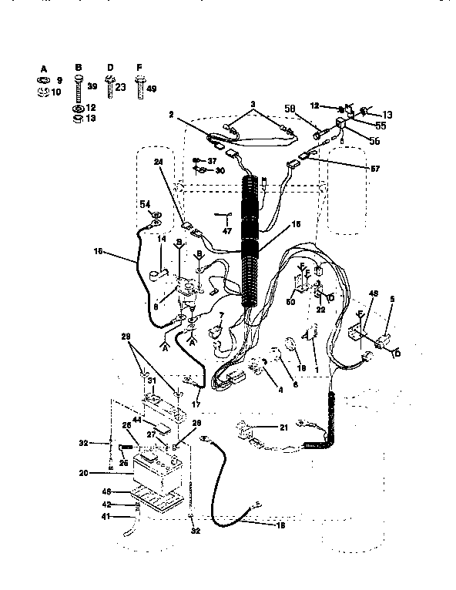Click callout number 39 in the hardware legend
(92, 88)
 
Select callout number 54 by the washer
(144, 204)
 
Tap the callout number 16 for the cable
(97, 251)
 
